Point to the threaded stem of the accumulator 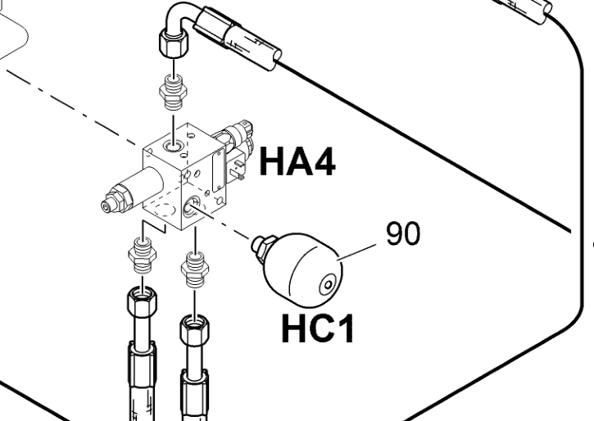[x=262, y=243]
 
